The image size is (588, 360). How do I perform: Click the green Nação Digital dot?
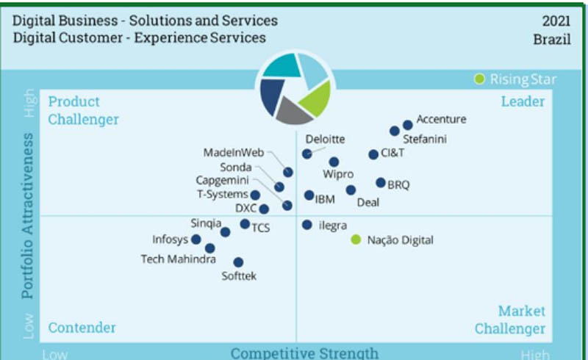(x=356, y=240)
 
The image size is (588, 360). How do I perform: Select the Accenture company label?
(x=442, y=119)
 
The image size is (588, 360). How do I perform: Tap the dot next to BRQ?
(x=381, y=183)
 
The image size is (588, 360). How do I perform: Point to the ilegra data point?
(x=307, y=225)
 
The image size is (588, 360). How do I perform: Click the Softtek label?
(x=239, y=276)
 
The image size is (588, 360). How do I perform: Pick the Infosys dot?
(x=196, y=240)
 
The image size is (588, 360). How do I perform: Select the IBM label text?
(x=325, y=199)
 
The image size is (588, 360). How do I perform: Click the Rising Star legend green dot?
(x=479, y=79)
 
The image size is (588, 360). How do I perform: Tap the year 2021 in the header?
(x=556, y=21)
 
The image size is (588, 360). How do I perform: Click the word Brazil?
(x=552, y=39)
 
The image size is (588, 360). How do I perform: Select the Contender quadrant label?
(x=82, y=328)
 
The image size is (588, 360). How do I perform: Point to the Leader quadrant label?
(x=523, y=101)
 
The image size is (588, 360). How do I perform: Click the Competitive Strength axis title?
(x=304, y=353)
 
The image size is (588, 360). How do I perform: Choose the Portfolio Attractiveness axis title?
(x=27, y=216)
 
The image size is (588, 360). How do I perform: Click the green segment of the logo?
(x=316, y=98)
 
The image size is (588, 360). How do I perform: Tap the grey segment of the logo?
(x=293, y=112)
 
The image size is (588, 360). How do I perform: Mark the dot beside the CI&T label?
(x=373, y=154)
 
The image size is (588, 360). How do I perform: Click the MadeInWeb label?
(x=234, y=152)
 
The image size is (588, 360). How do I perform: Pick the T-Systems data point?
(x=255, y=195)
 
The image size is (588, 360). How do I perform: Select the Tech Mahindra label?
(x=178, y=259)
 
